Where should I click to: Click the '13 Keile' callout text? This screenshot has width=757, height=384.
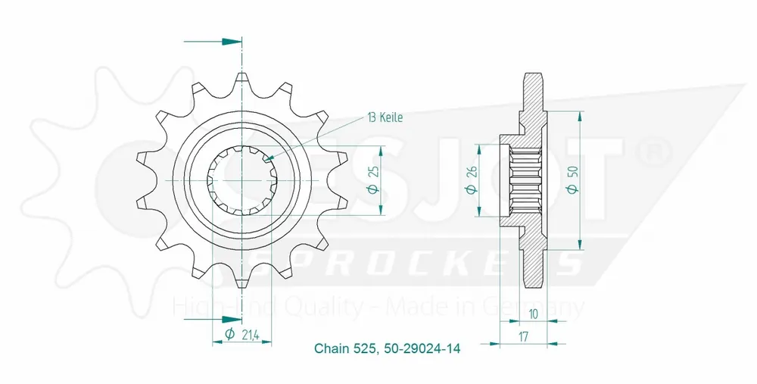click(385, 117)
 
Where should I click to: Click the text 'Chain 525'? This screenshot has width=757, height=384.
click(341, 349)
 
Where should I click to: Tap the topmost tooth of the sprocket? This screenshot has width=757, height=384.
click(241, 79)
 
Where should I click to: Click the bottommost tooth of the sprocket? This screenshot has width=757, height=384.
click(241, 282)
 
